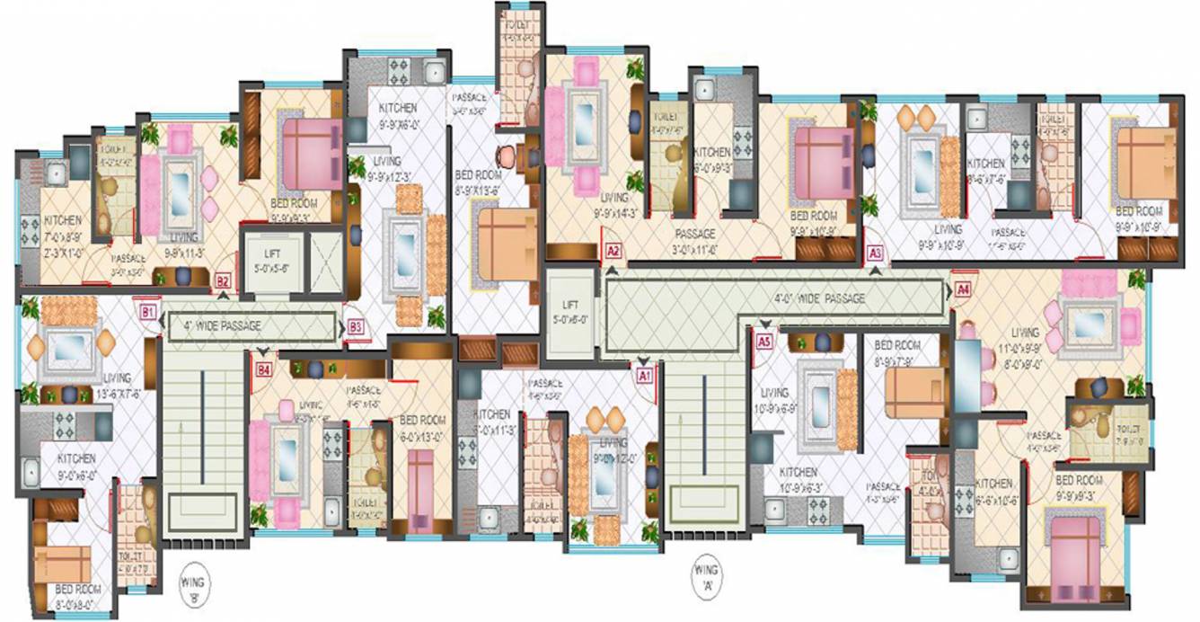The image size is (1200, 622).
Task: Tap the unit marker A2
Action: [x=613, y=252]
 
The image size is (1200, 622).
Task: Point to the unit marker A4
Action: [x=963, y=289]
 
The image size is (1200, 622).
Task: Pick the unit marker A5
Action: [x=764, y=342]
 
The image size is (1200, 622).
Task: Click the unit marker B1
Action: [x=148, y=312]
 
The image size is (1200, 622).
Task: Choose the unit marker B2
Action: [x=223, y=281]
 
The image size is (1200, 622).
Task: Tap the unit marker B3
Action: [x=356, y=326]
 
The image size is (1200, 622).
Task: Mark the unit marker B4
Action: [x=264, y=369]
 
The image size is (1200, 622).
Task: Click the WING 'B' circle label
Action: [x=191, y=577]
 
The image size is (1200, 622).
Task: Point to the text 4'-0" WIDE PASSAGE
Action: [x=819, y=298]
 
